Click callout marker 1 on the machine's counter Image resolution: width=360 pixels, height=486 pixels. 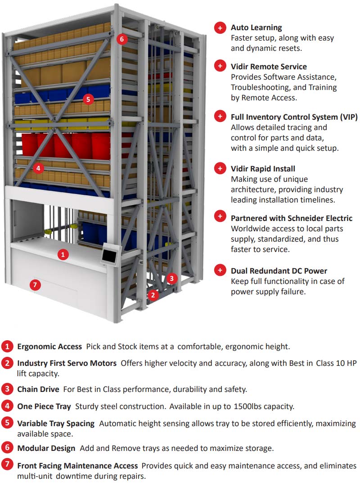[x=63, y=254]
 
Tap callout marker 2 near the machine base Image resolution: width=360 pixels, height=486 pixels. [x=153, y=295]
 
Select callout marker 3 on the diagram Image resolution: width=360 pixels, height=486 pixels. [x=171, y=279]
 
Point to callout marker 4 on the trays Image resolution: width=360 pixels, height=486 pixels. [x=38, y=168]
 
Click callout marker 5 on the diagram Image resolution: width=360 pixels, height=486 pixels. [x=88, y=99]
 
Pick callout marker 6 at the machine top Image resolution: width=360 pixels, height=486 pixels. [x=121, y=39]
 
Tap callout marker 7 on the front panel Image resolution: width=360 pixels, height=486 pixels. [x=35, y=284]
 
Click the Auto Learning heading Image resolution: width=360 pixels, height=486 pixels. [x=256, y=27]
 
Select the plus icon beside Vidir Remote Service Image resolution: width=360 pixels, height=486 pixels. [x=220, y=67]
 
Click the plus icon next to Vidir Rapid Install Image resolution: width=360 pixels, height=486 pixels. [x=220, y=169]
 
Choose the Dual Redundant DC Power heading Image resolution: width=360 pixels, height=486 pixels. [x=279, y=271]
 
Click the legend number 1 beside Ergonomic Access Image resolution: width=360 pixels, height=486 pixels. [x=7, y=346]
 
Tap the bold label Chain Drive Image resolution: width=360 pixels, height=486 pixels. [x=37, y=389]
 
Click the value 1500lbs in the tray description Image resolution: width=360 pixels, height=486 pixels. [x=249, y=406]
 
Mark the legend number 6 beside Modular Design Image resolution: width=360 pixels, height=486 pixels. [x=7, y=448]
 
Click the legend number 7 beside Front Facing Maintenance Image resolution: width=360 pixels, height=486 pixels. [x=7, y=465]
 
